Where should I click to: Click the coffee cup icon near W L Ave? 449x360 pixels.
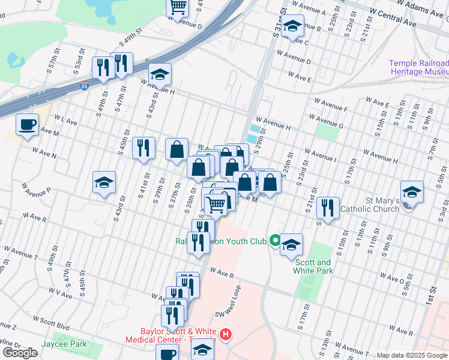pos(27,125)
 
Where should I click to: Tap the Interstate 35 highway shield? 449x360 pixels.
pos(85,86)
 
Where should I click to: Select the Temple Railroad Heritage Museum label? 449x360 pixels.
pos(419,67)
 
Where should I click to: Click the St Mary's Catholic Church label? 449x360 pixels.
pos(369,205)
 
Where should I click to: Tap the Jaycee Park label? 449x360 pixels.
pos(64,344)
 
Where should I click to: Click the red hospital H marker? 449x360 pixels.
pos(226,334)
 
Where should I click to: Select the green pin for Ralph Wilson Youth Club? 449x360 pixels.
pos(276,241)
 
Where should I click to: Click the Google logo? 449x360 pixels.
pos(20,353)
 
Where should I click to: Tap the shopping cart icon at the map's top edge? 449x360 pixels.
pos(178,7)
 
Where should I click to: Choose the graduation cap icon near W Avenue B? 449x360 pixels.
pos(292,27)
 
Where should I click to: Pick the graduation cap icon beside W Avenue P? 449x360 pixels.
pos(104,183)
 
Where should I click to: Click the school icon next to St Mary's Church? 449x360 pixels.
pos(412,193)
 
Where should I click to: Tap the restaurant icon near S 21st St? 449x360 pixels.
pos(328,208)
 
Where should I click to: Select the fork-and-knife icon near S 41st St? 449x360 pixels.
pos(143,148)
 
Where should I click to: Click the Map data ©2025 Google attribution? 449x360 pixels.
pos(412,355)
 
